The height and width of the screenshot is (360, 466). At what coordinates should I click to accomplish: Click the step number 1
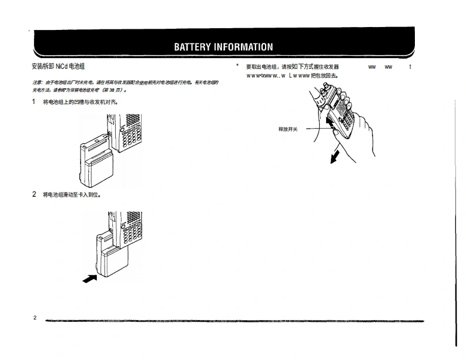[34, 102]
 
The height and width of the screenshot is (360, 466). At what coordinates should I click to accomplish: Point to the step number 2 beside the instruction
[34, 194]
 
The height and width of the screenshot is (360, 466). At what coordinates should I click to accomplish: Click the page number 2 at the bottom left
[35, 318]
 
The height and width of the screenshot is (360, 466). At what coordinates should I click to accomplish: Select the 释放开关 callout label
[288, 129]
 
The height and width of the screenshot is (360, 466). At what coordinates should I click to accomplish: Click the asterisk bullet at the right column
[237, 66]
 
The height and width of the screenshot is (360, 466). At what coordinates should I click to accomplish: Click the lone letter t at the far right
[410, 67]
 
